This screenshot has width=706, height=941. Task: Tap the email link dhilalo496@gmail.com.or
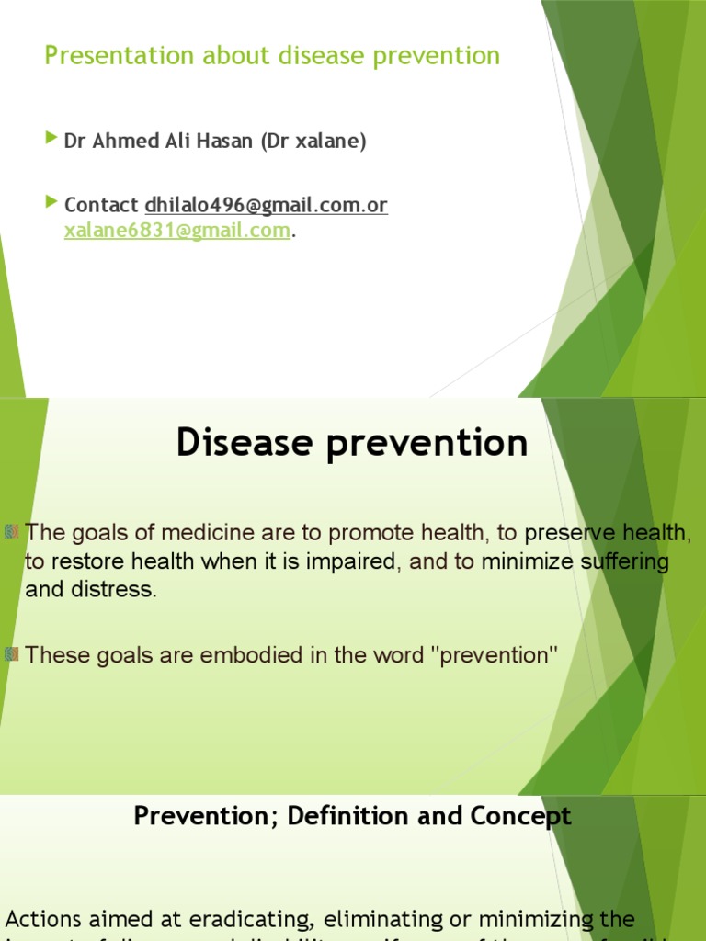266,206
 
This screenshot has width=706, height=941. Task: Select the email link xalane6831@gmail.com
176,231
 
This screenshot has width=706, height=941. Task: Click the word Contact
101,206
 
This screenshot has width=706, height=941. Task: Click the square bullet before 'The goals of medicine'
12,530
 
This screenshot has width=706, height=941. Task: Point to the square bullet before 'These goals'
12,653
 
